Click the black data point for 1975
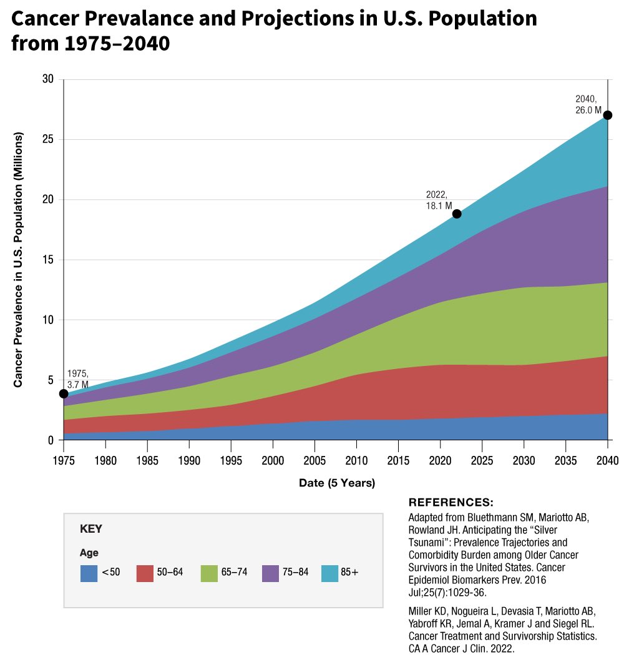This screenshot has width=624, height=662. tap(64, 393)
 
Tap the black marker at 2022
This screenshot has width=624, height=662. tap(457, 214)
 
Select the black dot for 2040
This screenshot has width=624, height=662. tap(608, 115)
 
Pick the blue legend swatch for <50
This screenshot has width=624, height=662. tap(89, 573)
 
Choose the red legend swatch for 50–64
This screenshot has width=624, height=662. tap(145, 573)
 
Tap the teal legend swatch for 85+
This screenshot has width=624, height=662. tap(330, 573)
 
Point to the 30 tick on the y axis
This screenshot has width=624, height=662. tap(49, 79)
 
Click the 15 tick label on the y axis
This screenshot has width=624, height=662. tap(49, 260)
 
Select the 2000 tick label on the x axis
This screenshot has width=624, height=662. tap(273, 462)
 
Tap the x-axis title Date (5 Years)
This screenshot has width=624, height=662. tap(337, 483)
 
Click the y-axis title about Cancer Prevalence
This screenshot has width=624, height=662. tap(19, 260)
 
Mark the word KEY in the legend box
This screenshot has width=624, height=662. tap(91, 529)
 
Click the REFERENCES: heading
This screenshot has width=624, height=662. tap(451, 503)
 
